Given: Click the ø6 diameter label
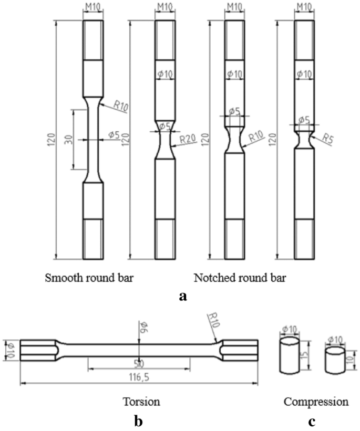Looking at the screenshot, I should [142, 329].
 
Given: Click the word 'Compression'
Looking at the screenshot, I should [316, 402].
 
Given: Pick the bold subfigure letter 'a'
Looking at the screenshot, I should [183, 296].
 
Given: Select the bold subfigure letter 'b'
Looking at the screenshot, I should [139, 421].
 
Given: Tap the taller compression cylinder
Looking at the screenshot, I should [289, 356].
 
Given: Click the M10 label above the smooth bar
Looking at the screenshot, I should [94, 8].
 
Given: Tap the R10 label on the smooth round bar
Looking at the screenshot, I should [120, 107].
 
